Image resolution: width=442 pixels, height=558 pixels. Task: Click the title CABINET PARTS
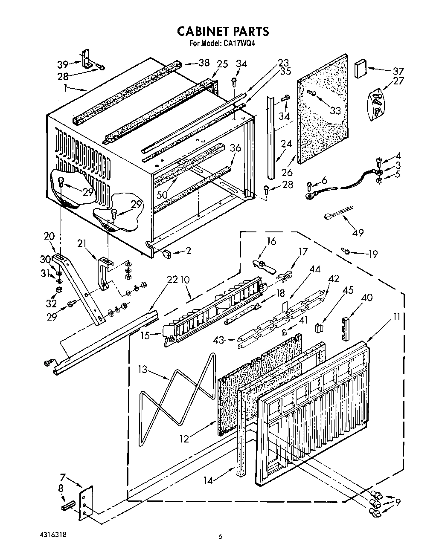click(223, 31)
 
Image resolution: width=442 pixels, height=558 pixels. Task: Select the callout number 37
click(398, 71)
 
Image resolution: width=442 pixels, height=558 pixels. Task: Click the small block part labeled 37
click(361, 69)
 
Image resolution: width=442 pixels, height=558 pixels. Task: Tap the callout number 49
click(358, 232)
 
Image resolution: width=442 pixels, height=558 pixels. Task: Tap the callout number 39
click(63, 64)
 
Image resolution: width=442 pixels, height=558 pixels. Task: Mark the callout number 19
click(372, 254)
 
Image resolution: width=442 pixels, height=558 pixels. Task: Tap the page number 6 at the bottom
click(221, 536)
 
